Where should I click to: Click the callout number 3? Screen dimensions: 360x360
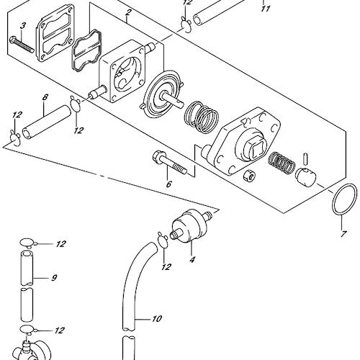23,26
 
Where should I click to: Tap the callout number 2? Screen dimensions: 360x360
128,12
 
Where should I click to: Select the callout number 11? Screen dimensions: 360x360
266,9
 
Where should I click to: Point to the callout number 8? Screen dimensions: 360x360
45,97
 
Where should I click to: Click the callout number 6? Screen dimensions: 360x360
169,184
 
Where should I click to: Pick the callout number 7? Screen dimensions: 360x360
343,234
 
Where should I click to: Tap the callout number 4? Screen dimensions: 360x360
192,259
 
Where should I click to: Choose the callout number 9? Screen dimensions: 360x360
54,278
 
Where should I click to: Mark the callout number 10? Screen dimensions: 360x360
156,319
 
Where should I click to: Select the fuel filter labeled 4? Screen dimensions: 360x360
191,225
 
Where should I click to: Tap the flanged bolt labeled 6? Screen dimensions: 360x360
169,163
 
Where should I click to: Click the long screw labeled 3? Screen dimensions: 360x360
22,45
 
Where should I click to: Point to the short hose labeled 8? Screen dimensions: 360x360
47,122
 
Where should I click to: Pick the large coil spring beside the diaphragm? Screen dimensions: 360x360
202,117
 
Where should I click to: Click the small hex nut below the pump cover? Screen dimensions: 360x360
249,176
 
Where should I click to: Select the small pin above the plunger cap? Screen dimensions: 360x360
305,158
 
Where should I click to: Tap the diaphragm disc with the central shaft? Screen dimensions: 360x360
162,95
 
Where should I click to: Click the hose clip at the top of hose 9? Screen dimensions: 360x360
27,243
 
